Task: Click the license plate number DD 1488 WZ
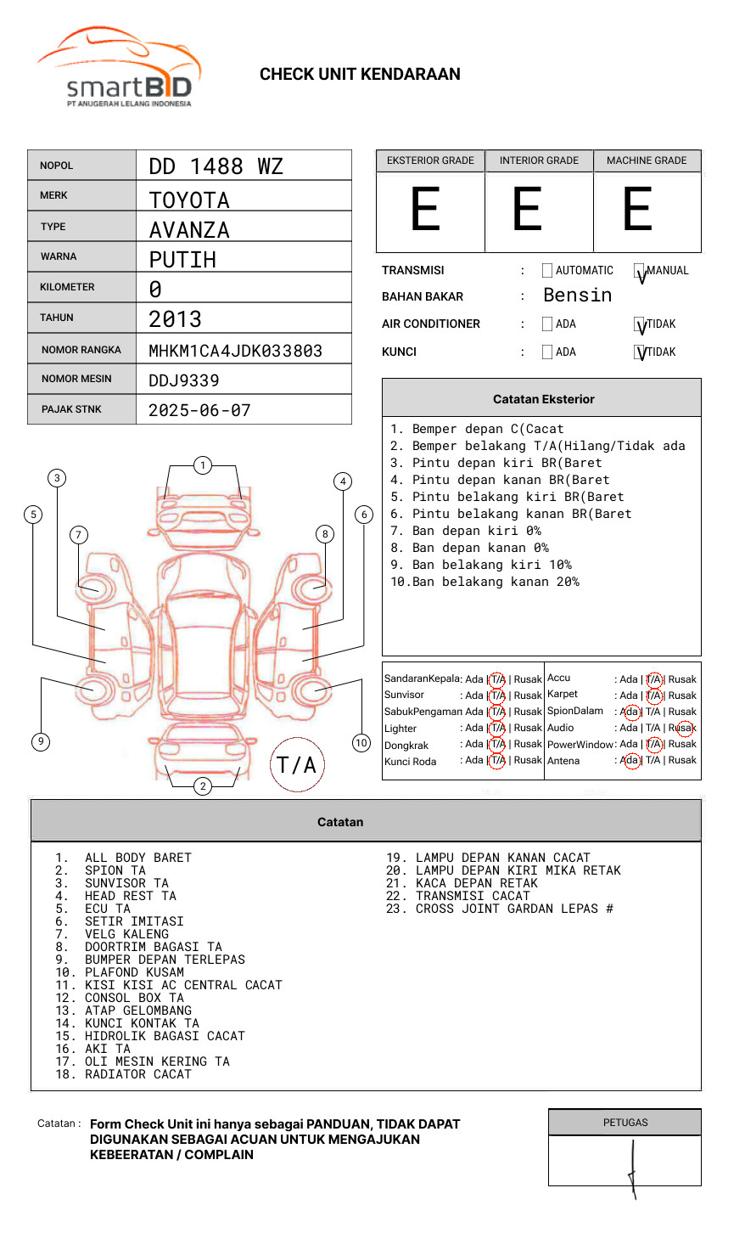click(216, 166)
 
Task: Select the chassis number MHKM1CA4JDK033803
click(235, 351)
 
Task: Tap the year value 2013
click(175, 319)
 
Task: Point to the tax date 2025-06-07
click(199, 410)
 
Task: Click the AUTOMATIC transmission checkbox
click(547, 271)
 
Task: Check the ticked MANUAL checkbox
click(640, 272)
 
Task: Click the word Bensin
click(577, 296)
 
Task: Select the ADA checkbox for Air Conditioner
click(547, 324)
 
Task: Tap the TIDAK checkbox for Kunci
click(640, 352)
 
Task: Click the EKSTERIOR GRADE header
click(430, 160)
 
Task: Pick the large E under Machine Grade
click(637, 210)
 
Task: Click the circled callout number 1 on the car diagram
click(202, 465)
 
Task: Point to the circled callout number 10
click(361, 743)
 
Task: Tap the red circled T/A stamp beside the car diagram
click(297, 764)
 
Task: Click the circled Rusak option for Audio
click(684, 728)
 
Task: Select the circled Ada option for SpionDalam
click(630, 712)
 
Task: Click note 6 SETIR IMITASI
click(133, 921)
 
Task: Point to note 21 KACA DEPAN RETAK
click(476, 883)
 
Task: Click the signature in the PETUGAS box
click(632, 1168)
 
